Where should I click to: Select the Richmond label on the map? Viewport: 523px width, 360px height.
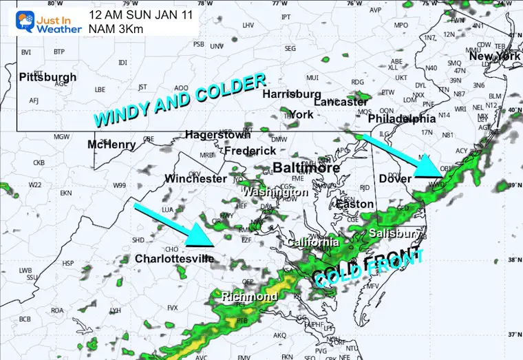click(x=249, y=297)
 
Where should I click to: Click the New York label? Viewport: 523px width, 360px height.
click(x=495, y=56)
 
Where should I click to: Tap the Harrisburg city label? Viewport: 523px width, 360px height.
click(x=292, y=94)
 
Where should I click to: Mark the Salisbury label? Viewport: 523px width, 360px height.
click(x=394, y=234)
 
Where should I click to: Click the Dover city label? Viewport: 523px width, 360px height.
click(x=395, y=179)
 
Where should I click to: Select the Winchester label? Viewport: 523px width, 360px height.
click(x=195, y=179)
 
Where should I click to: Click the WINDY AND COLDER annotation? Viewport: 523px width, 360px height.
click(x=180, y=100)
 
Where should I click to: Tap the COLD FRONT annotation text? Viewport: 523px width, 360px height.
click(x=367, y=268)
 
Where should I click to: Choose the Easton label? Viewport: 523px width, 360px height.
click(x=354, y=204)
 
